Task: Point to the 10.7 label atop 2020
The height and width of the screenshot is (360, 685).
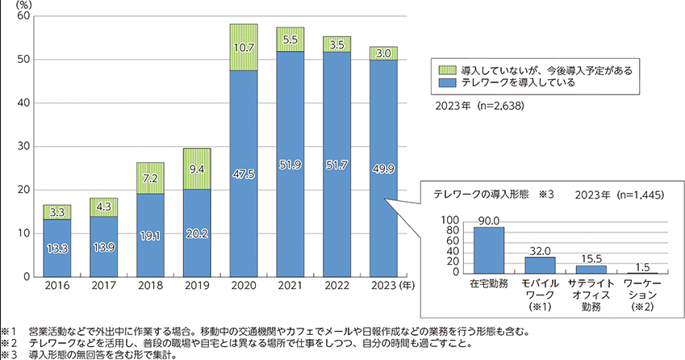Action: coord(243,48)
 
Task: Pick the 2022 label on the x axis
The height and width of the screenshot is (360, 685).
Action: coord(336,286)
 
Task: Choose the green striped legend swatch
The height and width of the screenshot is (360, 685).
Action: coord(443,70)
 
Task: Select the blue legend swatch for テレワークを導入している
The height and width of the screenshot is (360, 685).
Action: coord(443,82)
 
